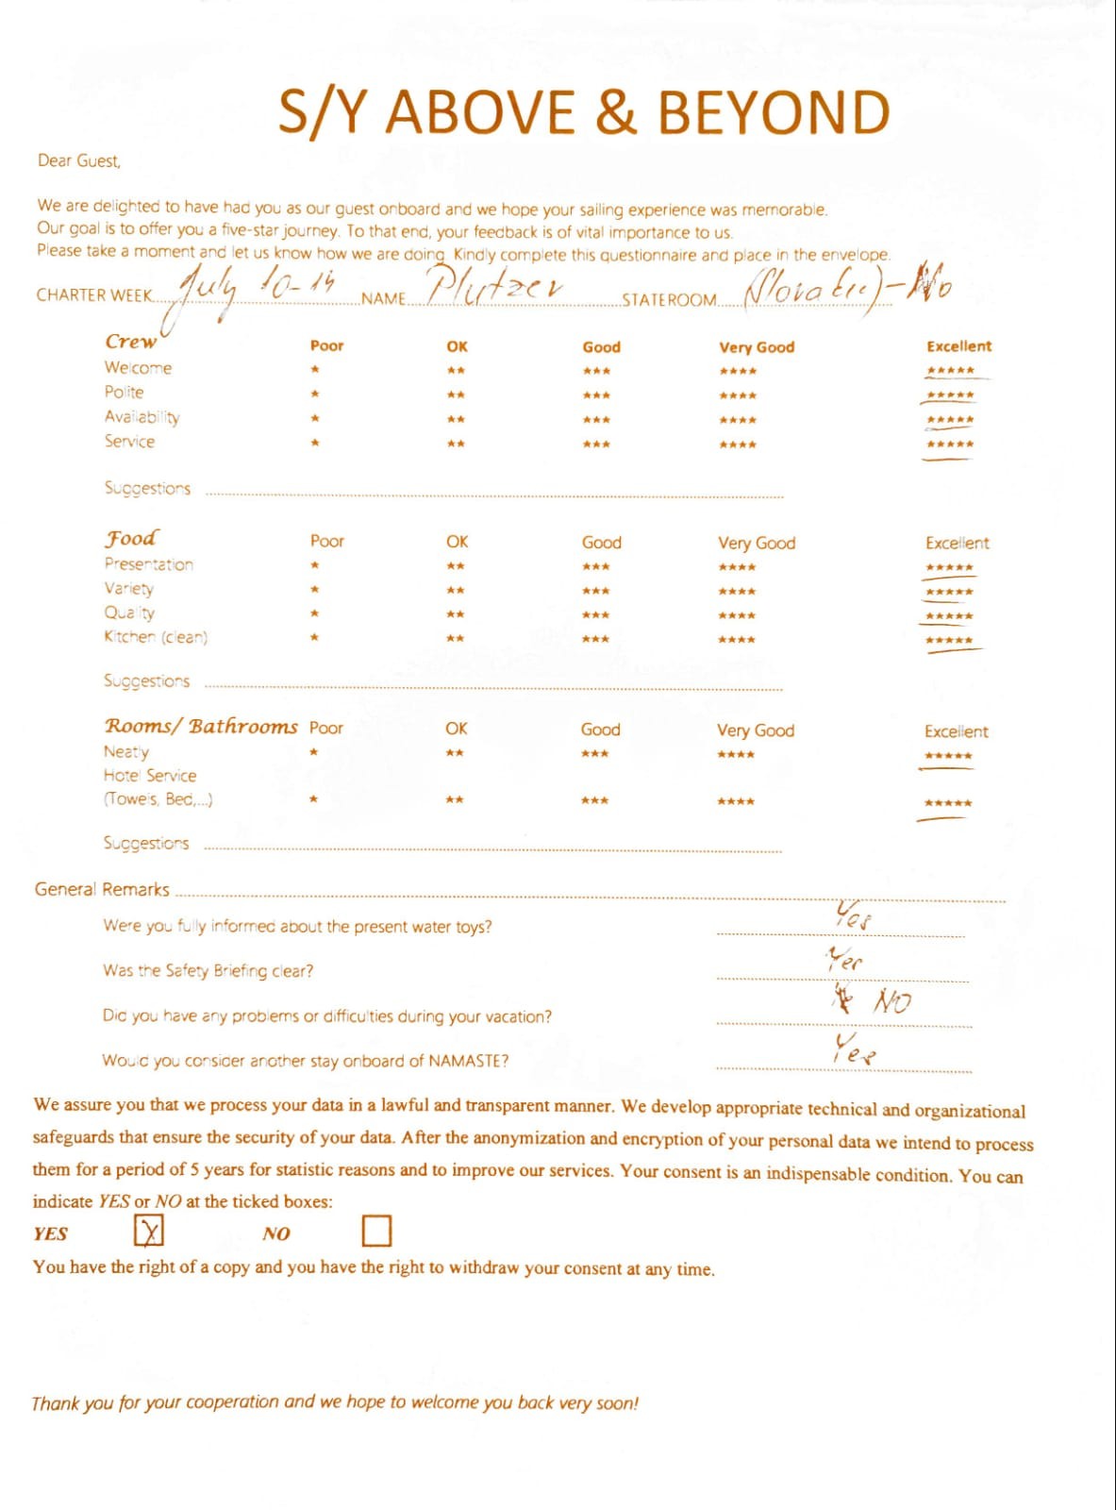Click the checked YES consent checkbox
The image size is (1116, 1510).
pos(149,1231)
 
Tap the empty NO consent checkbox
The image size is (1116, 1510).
pos(376,1231)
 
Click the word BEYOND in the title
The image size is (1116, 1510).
pos(774,112)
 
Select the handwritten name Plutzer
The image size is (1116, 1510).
pos(494,284)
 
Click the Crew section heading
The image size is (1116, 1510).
pos(130,342)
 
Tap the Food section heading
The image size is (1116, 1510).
pos(131,538)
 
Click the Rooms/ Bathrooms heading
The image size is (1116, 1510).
pos(200,726)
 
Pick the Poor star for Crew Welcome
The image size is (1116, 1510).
pos(315,370)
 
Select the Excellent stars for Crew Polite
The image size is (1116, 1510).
pos(950,395)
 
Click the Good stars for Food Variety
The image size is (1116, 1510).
pos(596,591)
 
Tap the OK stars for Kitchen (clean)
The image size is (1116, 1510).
pos(456,639)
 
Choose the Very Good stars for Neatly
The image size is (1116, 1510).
pos(736,754)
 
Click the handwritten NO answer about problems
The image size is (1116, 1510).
pos(891,1001)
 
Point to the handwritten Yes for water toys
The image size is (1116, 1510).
pos(853,914)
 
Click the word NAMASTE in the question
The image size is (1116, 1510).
pos(463,1061)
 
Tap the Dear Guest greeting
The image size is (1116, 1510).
pos(79,160)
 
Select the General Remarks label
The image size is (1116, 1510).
pos(102,889)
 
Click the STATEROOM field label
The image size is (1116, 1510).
pos(669,300)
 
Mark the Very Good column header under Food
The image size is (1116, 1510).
pos(756,543)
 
